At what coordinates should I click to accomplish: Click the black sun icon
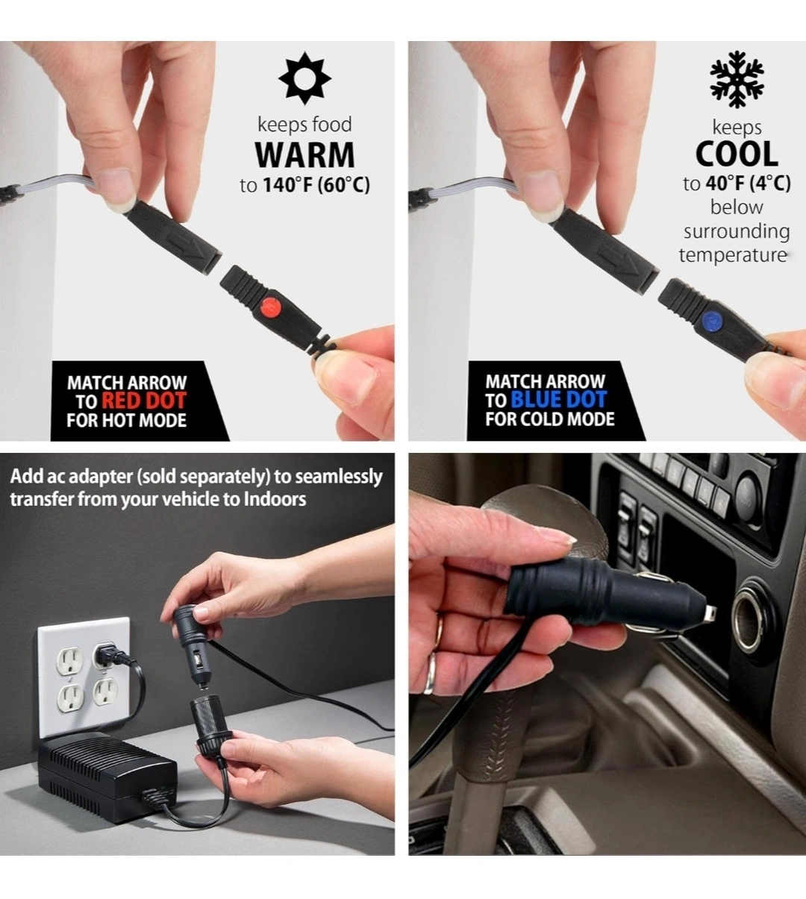(305, 78)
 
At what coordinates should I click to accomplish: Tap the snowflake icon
(737, 79)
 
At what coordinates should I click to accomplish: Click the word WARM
(305, 155)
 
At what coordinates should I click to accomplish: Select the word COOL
(737, 154)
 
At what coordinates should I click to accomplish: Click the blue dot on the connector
(711, 320)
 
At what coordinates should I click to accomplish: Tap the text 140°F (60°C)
(316, 185)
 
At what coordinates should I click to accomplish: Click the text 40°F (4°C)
(748, 184)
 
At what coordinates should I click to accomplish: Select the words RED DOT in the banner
(144, 401)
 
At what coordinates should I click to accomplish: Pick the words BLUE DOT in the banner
(559, 399)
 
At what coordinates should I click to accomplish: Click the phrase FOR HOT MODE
(126, 420)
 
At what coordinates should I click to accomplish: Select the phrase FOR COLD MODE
(550, 419)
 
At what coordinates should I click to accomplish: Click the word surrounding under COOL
(737, 231)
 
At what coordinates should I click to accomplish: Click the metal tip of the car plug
(711, 614)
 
